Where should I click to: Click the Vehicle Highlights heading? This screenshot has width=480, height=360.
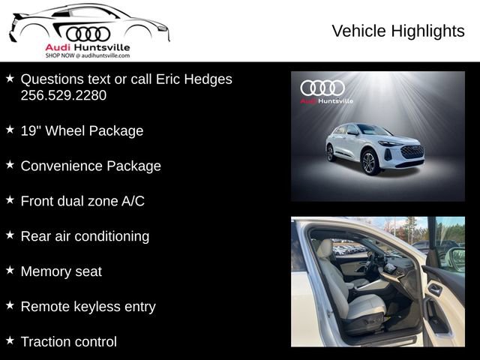[x=397, y=31]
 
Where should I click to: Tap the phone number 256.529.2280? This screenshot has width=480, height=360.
[x=64, y=95]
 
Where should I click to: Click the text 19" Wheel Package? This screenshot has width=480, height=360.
[x=82, y=130]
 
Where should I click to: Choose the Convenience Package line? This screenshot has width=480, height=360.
[x=91, y=166]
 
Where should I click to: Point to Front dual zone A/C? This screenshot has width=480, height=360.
[x=82, y=201]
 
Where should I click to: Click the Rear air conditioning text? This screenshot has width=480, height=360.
[x=85, y=236]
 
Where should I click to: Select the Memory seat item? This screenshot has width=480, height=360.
[x=61, y=271]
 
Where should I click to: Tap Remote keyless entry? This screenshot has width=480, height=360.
[x=88, y=307]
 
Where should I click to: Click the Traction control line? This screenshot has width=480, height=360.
[x=69, y=342]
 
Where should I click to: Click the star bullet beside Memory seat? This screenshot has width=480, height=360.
[x=10, y=270]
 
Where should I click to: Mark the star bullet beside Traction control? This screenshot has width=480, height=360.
[x=10, y=340]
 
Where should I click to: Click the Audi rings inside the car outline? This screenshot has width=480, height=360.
[x=88, y=34]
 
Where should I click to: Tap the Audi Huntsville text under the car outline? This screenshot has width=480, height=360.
[x=88, y=47]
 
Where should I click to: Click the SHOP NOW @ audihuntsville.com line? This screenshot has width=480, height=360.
[x=88, y=56]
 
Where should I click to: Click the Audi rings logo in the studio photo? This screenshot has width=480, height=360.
[x=322, y=88]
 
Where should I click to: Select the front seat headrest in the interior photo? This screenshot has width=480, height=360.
[x=325, y=250]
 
